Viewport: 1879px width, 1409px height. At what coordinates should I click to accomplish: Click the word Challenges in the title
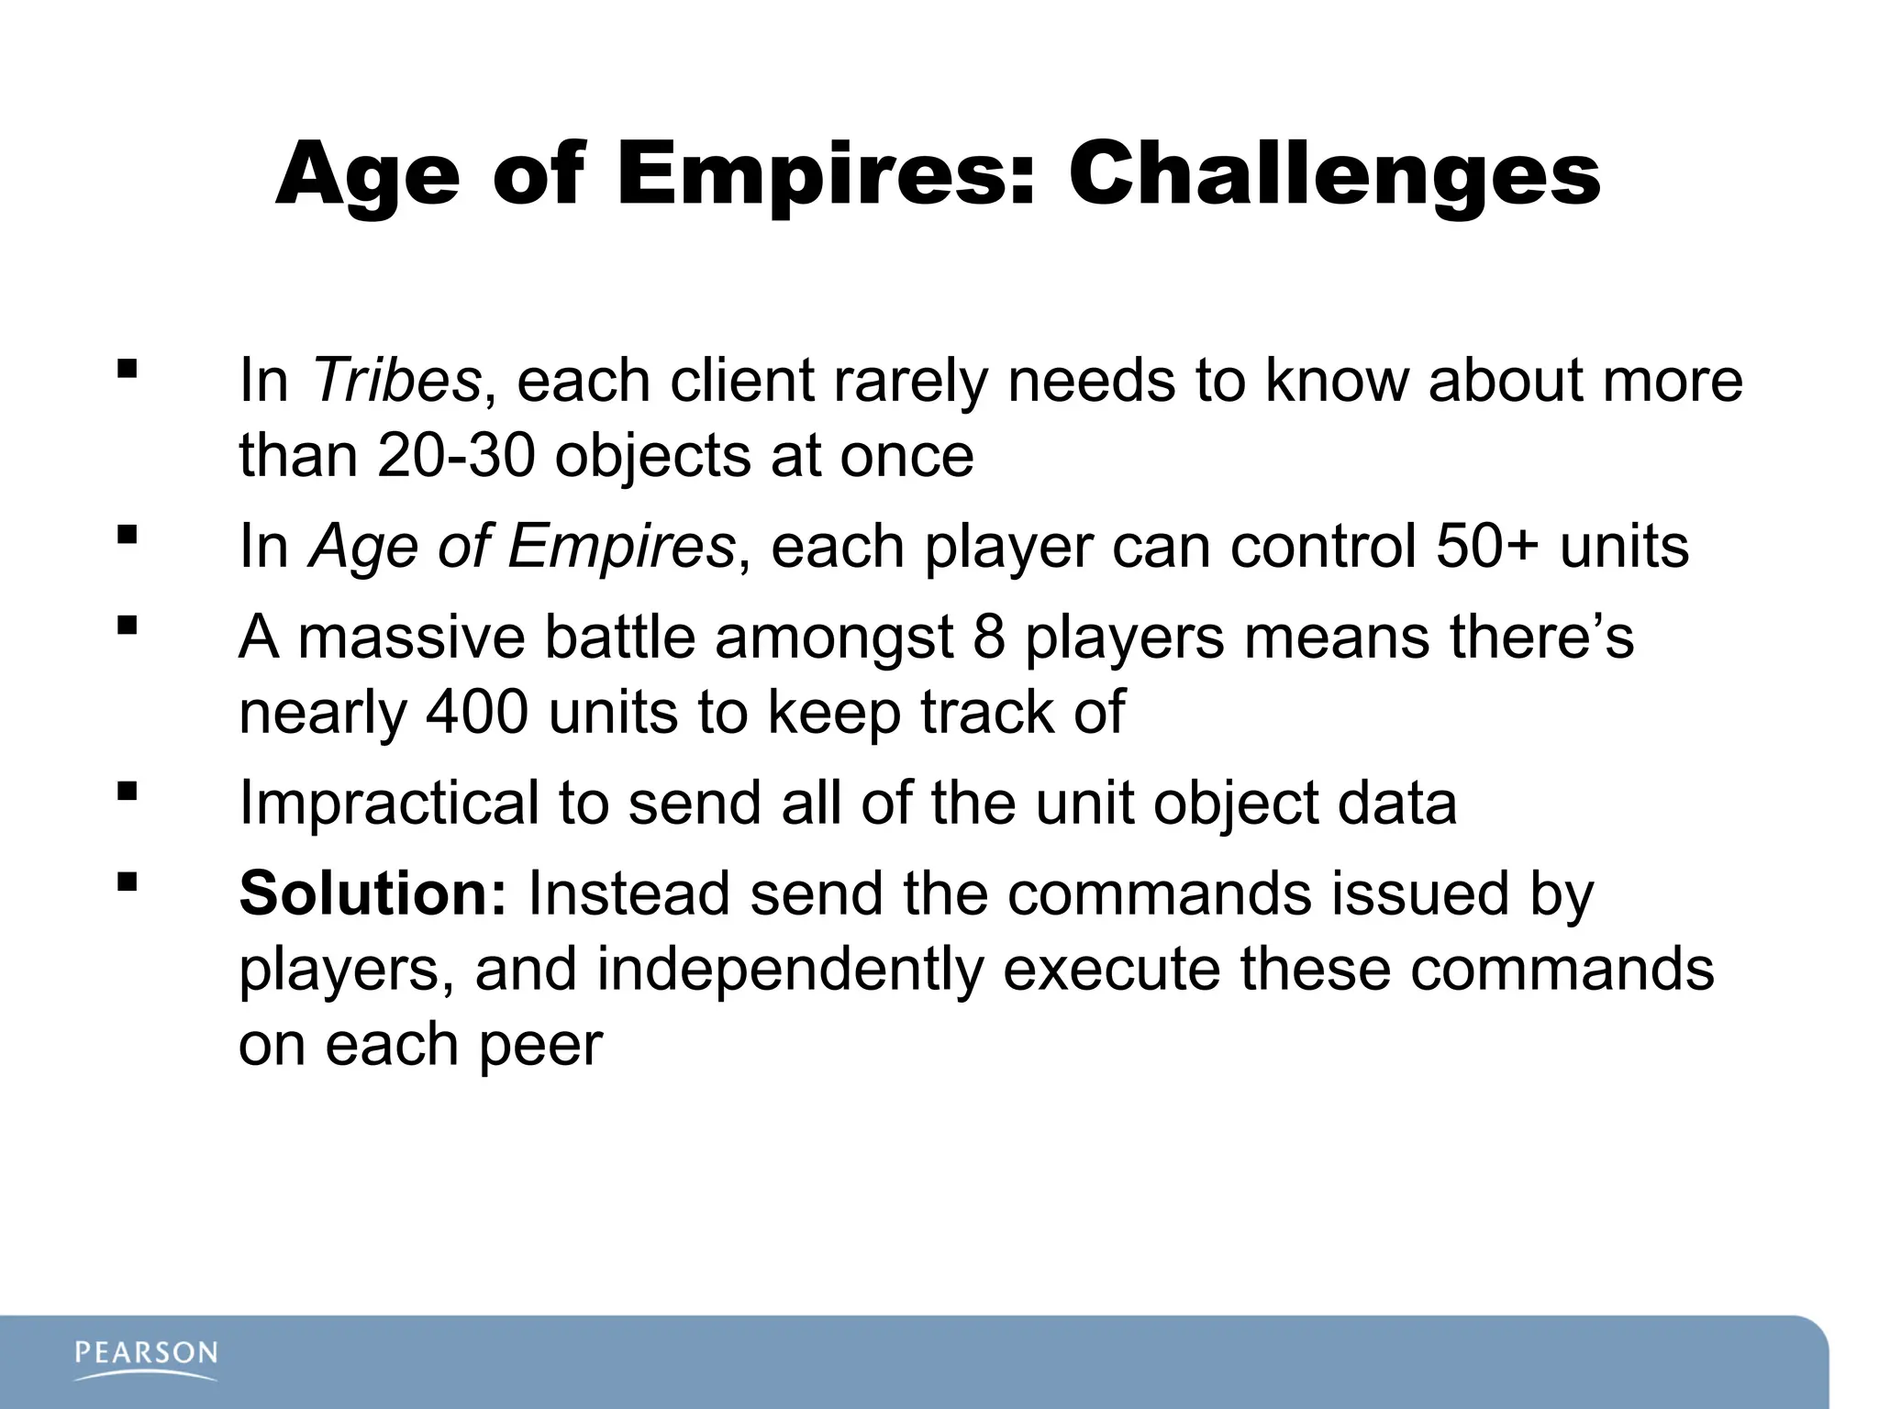[1334, 174]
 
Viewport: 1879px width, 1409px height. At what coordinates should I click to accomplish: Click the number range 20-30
[455, 455]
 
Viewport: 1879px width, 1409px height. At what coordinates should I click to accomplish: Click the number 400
[477, 712]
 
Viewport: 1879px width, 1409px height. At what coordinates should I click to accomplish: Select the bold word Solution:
[372, 893]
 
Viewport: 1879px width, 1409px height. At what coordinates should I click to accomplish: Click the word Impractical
[388, 803]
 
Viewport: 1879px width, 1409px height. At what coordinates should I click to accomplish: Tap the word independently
[790, 969]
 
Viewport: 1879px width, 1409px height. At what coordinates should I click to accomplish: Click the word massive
[411, 637]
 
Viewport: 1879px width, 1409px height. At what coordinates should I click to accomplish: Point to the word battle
[620, 637]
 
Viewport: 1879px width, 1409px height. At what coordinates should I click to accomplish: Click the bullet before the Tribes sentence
[128, 371]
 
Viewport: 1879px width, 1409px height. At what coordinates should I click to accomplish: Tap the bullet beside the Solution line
[128, 883]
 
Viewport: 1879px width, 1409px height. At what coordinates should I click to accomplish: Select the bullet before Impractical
[128, 792]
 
